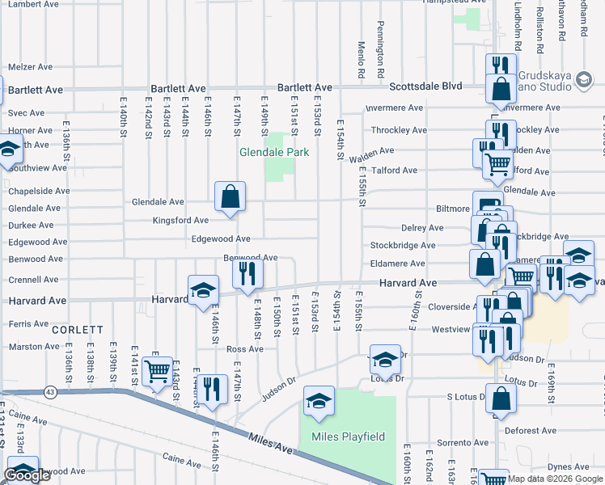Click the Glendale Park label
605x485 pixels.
coord(274,152)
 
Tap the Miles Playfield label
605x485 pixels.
coord(348,437)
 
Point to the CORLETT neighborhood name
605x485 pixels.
coord(78,330)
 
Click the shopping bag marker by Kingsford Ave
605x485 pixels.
coord(230,196)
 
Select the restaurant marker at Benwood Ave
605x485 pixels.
coord(247,273)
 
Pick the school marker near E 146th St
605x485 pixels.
coord(203,290)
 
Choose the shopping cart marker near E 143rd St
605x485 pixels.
coord(156,372)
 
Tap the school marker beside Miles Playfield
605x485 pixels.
coord(319,401)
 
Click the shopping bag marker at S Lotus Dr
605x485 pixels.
coord(501,399)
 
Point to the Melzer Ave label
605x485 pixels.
coord(30,67)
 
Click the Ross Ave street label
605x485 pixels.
coord(245,349)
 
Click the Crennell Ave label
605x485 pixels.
coord(33,280)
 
